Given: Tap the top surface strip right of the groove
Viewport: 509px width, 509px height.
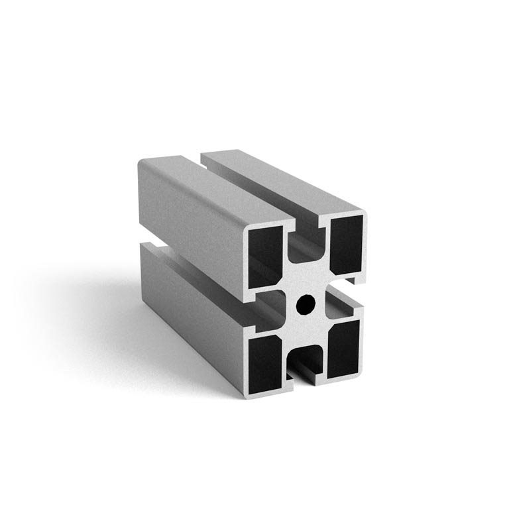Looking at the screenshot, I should (285, 182).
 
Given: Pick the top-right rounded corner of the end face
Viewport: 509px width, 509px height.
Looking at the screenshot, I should (361, 215).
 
